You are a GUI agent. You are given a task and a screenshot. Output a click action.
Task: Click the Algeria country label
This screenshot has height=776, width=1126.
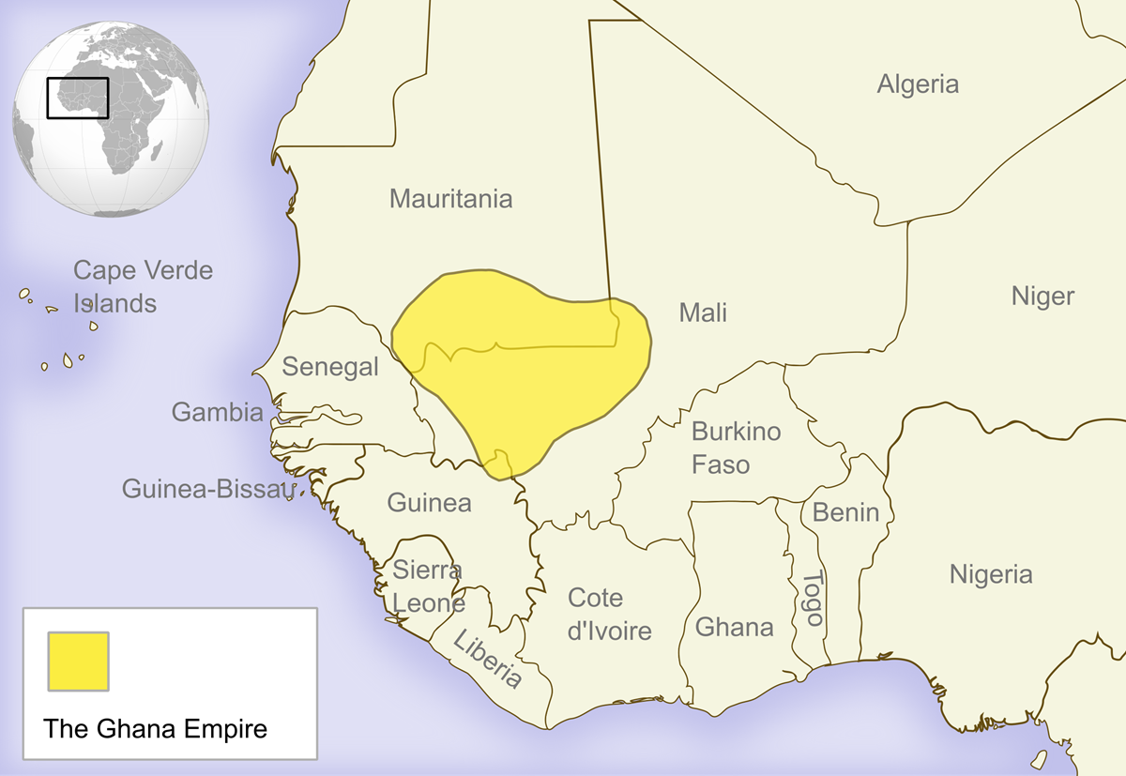pos(918,84)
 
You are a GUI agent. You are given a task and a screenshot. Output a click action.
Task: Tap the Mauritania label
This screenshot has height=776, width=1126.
pos(450,199)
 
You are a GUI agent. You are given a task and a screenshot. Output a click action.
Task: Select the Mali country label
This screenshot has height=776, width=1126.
pos(703,312)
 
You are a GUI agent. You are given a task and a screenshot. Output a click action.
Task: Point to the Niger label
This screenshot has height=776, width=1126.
pos(1042,297)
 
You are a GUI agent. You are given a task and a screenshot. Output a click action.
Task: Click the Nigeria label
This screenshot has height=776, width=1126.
pos(991,574)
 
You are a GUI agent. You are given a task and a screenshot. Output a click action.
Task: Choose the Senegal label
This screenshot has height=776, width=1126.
pos(330,366)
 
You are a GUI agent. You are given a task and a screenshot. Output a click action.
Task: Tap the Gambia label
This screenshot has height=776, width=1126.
pos(217,412)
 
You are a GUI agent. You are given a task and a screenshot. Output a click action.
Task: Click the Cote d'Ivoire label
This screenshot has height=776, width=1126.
pos(609,615)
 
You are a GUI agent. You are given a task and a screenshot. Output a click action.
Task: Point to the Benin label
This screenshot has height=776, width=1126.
pos(845,512)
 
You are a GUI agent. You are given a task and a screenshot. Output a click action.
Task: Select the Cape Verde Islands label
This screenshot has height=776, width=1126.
pos(143,287)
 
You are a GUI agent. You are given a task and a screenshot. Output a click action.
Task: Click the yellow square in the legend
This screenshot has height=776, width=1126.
pos(78,660)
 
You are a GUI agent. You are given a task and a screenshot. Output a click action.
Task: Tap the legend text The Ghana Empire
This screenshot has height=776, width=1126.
pos(156,729)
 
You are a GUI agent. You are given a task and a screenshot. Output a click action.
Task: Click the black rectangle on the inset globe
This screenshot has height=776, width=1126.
pos(78,98)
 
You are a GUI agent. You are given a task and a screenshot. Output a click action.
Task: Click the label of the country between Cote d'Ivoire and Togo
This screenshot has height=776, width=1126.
pos(734,627)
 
